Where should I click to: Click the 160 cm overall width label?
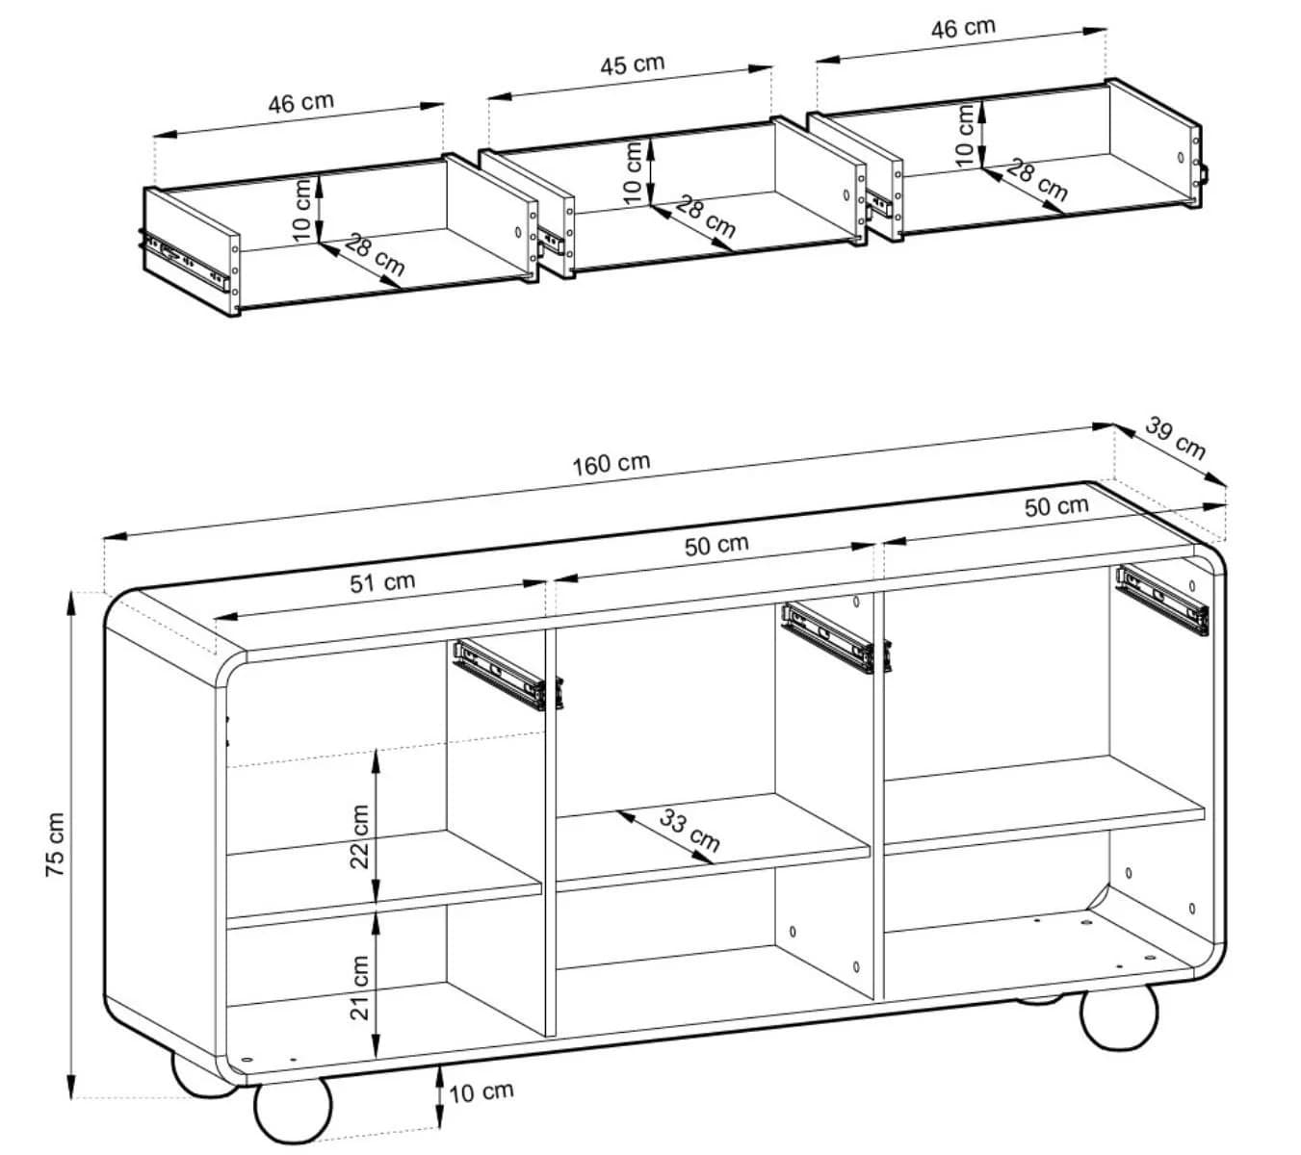611,464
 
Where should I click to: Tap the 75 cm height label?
56,844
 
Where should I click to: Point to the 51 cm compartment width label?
382,581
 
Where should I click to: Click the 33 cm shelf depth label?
690,830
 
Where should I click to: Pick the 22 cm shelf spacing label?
359,835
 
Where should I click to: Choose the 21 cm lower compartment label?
359,988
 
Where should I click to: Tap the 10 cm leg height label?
481,1091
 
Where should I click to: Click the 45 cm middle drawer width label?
633,64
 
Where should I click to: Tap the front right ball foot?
1119,1015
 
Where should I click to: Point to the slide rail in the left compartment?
507,675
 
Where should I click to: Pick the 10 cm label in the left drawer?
300,209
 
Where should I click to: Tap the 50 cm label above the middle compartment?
716,545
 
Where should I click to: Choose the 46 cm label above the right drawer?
963,28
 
